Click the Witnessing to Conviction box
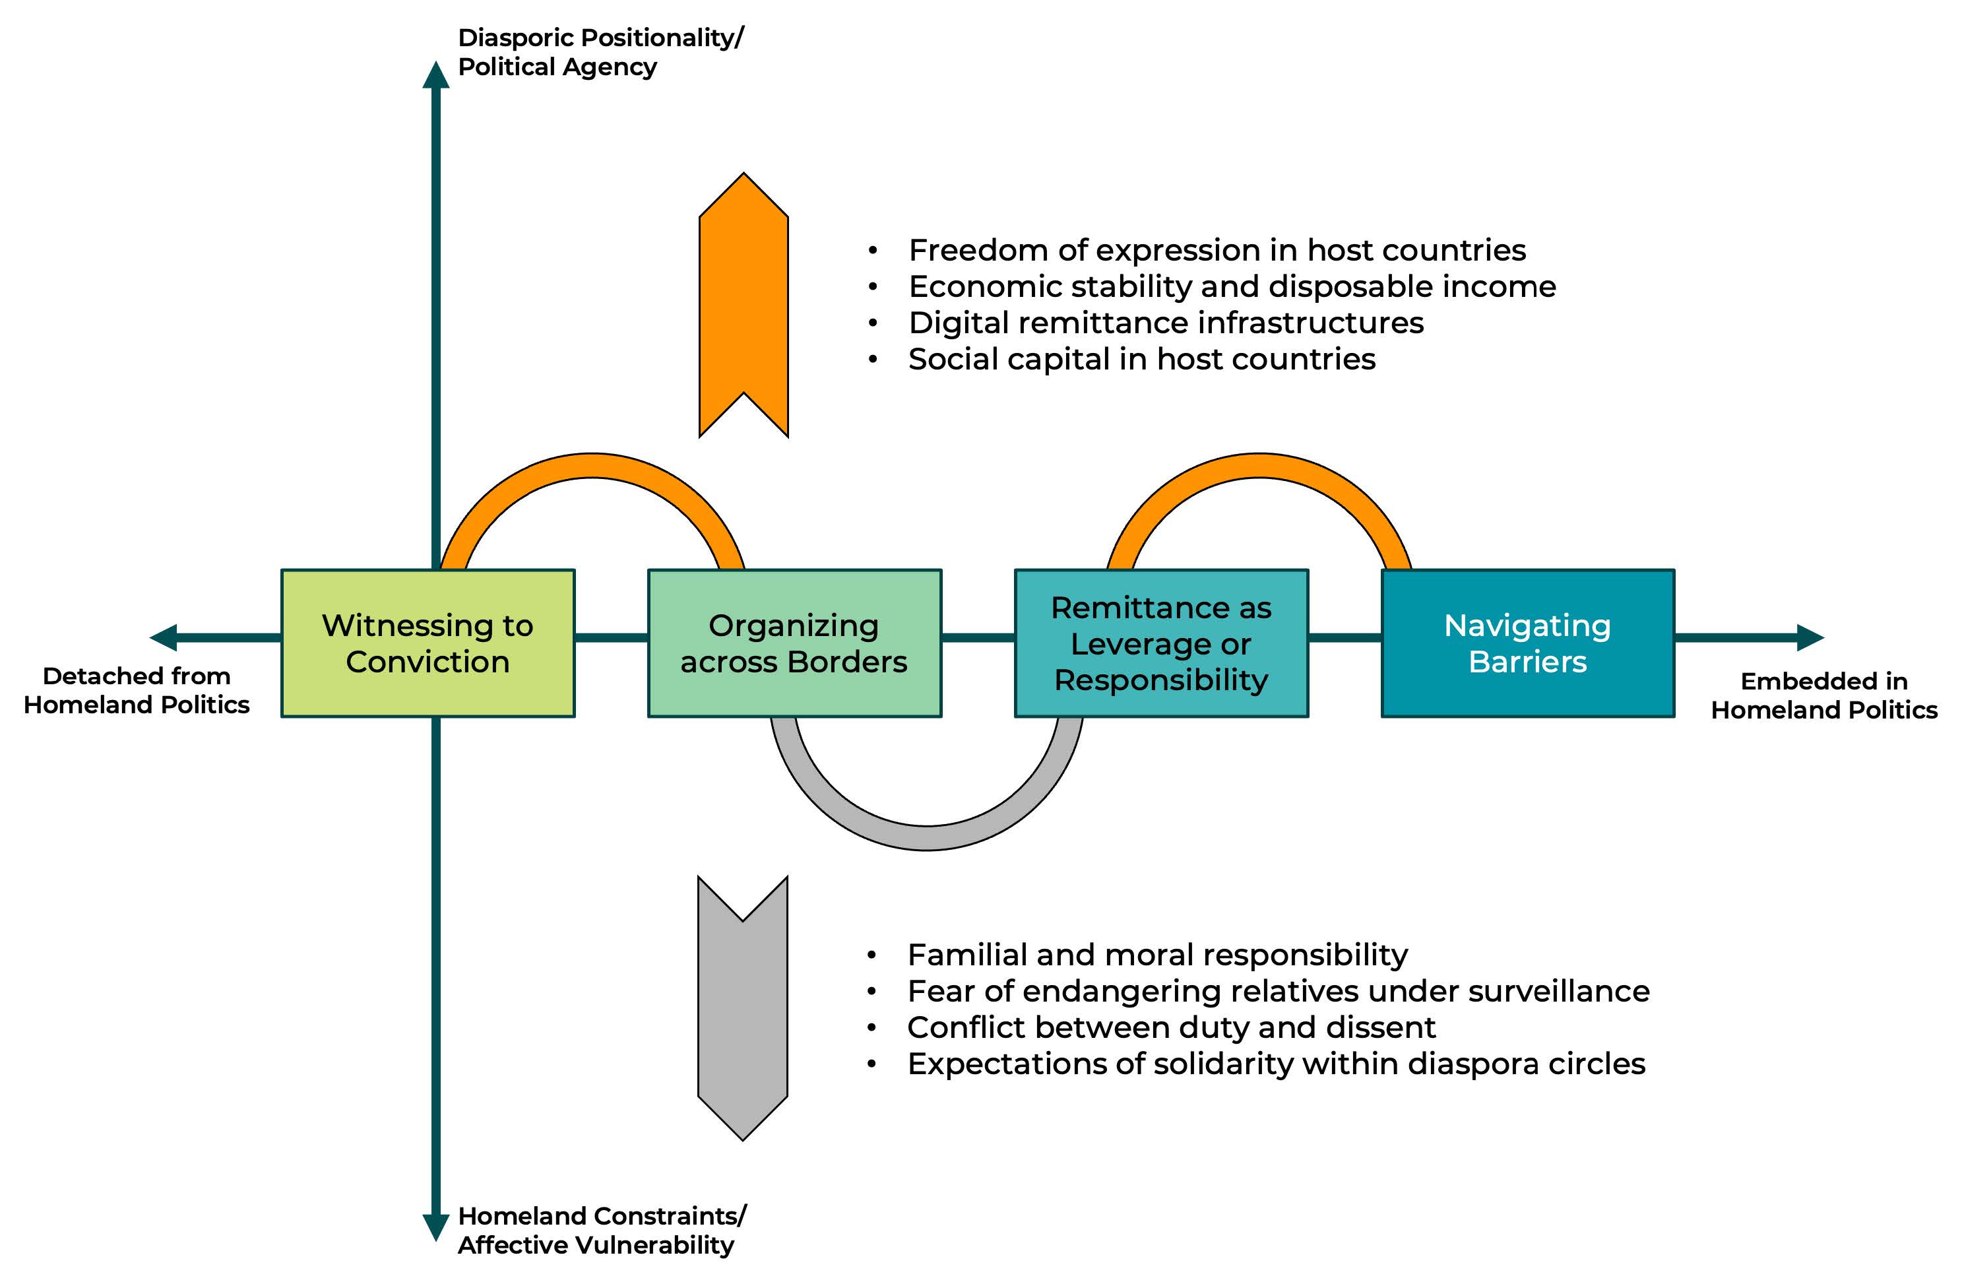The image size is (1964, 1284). coord(428,643)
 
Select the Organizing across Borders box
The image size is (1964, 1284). coord(794,643)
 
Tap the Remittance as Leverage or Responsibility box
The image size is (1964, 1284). coord(1160,643)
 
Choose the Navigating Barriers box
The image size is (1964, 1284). coord(1527,643)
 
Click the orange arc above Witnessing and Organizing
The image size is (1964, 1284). coord(592,466)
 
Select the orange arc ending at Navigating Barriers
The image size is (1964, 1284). coord(1259,466)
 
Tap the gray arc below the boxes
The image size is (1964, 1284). coord(927,837)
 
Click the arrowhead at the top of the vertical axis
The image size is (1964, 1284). coord(435,75)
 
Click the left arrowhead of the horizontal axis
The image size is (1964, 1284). coord(164,637)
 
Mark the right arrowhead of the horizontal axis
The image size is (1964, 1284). coord(1810,637)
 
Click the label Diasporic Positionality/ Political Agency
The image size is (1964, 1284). coord(600,52)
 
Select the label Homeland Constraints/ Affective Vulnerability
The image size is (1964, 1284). coord(602,1229)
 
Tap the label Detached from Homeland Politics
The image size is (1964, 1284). coord(136,690)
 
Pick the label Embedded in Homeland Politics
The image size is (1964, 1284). coord(1823,695)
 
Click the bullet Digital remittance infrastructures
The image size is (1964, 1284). coord(1165,323)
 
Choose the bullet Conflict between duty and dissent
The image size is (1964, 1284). coord(1171,1027)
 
